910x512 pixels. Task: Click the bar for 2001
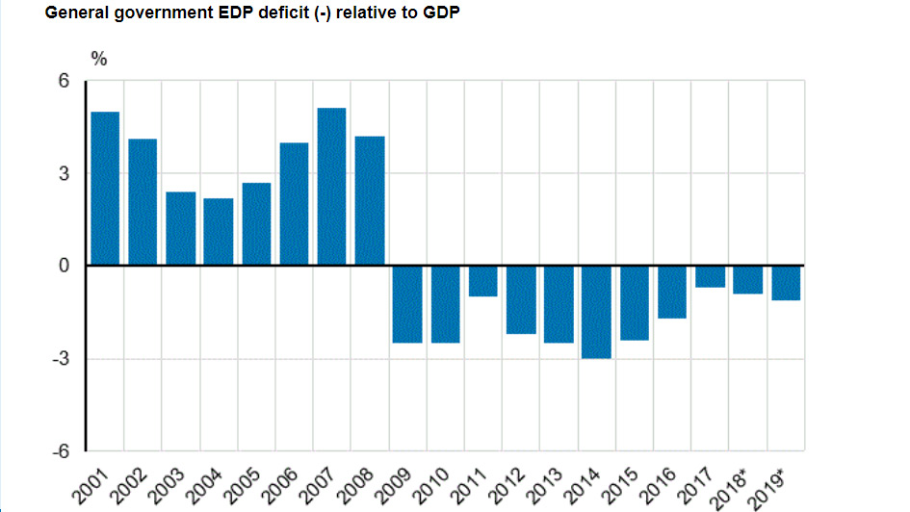(104, 188)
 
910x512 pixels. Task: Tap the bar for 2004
(218, 231)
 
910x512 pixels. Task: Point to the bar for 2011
(482, 281)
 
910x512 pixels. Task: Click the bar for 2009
(407, 304)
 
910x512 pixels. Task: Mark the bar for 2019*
(786, 283)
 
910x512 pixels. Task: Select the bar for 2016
(672, 292)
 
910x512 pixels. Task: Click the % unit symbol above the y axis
(99, 58)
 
